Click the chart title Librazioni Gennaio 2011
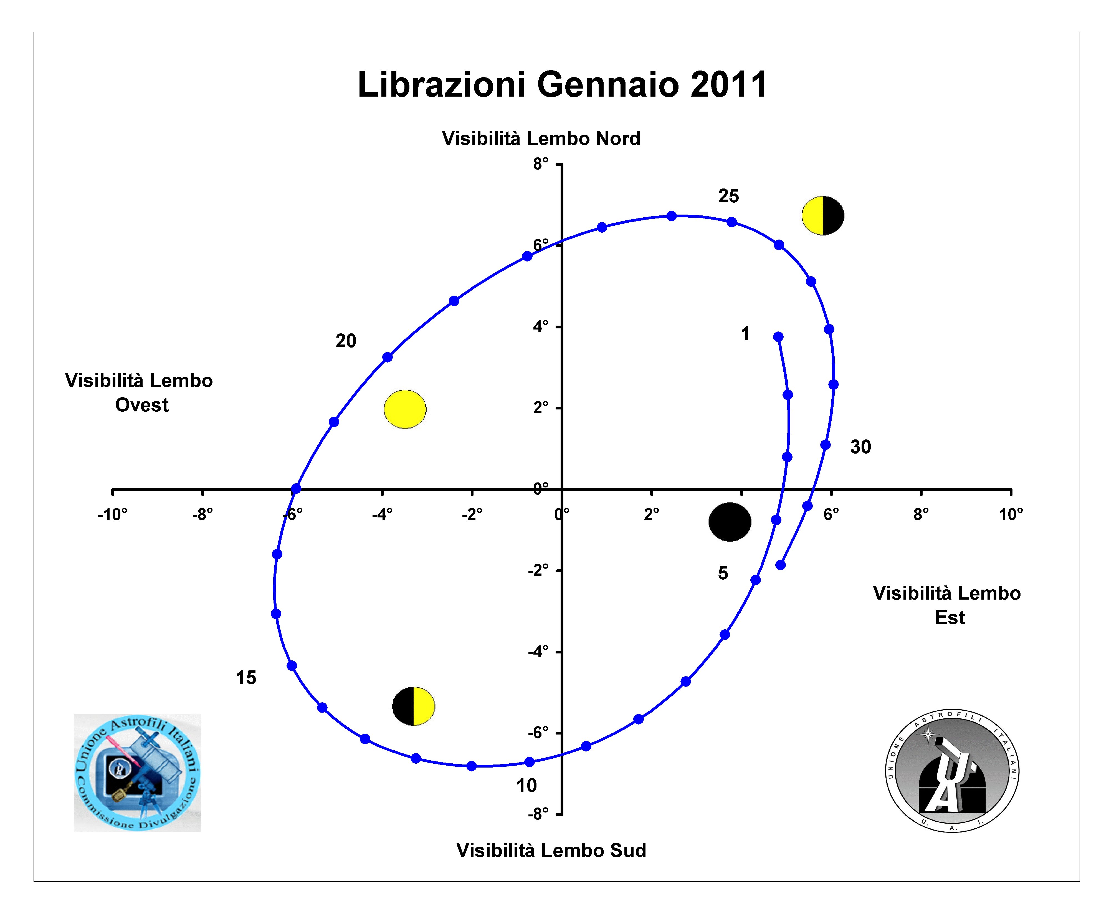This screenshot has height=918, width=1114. tap(562, 85)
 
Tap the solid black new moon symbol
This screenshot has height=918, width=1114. tap(730, 522)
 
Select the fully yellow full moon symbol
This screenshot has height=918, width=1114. tap(405, 409)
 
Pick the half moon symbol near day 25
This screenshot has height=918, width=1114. tap(823, 216)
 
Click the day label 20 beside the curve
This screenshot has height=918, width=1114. tap(346, 341)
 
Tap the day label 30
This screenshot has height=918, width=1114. tap(860, 447)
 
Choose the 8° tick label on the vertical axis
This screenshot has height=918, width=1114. tap(541, 164)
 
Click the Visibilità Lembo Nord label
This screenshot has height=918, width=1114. tap(541, 139)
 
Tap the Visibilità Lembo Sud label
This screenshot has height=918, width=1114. tap(551, 850)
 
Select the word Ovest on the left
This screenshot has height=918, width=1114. tap(142, 405)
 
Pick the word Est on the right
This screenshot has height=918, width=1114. tap(950, 618)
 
